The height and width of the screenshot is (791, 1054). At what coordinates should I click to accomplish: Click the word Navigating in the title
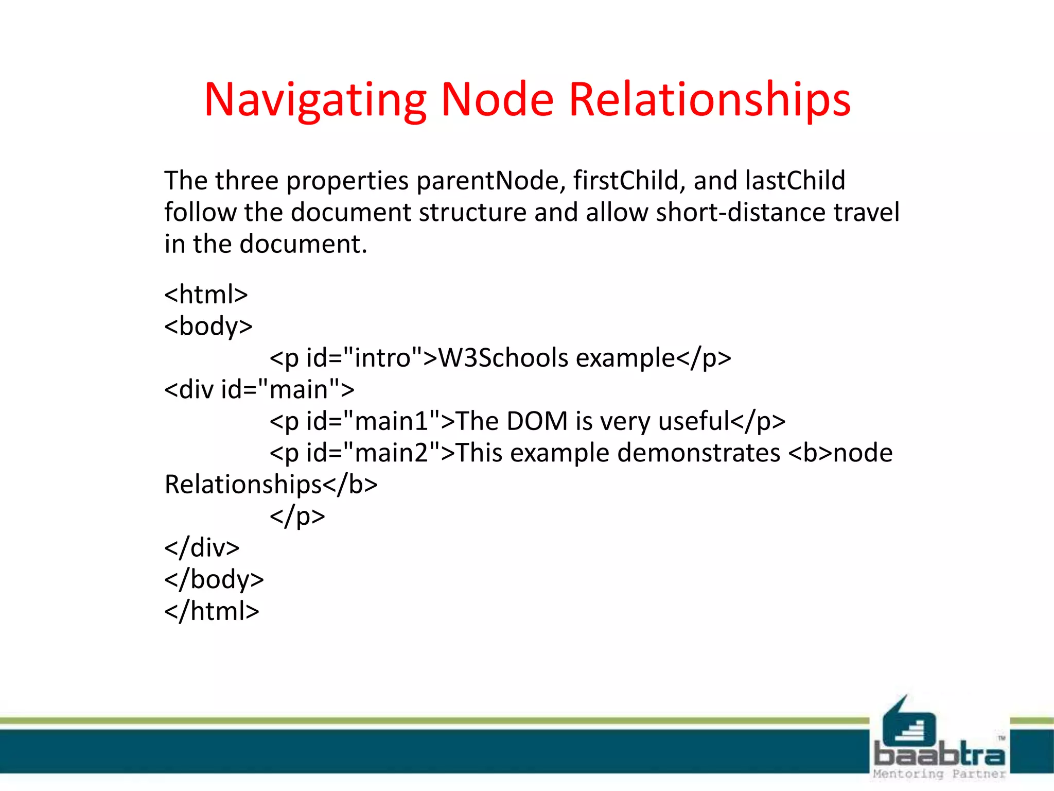(x=315, y=100)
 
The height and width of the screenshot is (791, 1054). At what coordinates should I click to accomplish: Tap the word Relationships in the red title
(x=709, y=100)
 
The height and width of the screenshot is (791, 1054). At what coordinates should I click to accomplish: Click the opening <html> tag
(x=206, y=295)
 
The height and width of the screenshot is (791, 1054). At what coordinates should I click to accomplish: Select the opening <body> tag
(x=208, y=326)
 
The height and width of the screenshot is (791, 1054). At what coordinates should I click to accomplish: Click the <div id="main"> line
(x=259, y=390)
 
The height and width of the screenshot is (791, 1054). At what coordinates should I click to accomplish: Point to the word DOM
(x=537, y=421)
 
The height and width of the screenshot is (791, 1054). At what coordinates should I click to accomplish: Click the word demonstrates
(x=698, y=453)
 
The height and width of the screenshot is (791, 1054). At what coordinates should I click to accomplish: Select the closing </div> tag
(x=202, y=548)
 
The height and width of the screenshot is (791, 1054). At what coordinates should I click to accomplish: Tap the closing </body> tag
(x=214, y=580)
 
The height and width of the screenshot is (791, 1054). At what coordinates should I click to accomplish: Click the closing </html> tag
(x=212, y=611)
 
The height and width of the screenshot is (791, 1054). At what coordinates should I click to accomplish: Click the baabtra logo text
(x=940, y=754)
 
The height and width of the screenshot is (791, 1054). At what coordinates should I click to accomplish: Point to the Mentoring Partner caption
(x=939, y=774)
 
